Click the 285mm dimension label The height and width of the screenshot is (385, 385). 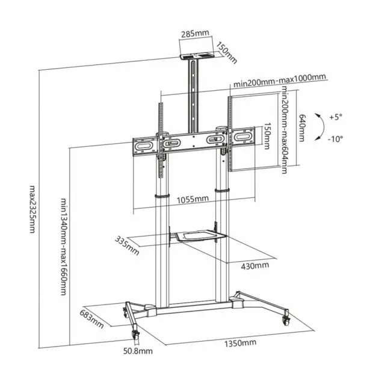click(x=195, y=34)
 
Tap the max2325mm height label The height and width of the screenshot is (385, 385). click(x=32, y=209)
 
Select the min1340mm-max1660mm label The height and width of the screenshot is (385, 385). click(x=64, y=246)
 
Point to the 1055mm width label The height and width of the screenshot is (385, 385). click(x=192, y=199)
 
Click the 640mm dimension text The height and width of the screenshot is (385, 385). click(x=302, y=128)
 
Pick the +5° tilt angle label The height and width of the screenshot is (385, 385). click(x=336, y=117)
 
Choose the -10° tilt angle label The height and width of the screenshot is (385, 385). click(x=336, y=139)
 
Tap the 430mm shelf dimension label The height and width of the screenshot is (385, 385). click(x=254, y=266)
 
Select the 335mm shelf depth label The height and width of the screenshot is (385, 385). click(x=127, y=245)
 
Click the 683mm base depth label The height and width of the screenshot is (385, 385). click(x=91, y=318)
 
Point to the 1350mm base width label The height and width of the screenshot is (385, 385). click(x=240, y=343)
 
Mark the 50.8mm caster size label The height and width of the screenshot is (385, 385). click(x=138, y=351)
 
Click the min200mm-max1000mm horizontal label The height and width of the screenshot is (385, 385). click(x=280, y=80)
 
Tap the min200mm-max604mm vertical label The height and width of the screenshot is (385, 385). click(x=285, y=129)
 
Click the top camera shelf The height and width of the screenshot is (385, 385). click(x=197, y=56)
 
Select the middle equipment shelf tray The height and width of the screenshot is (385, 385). click(x=200, y=235)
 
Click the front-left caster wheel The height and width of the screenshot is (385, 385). click(x=135, y=335)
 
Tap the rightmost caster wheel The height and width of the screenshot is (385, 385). click(x=286, y=321)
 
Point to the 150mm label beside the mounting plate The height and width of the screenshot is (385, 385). click(x=266, y=136)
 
